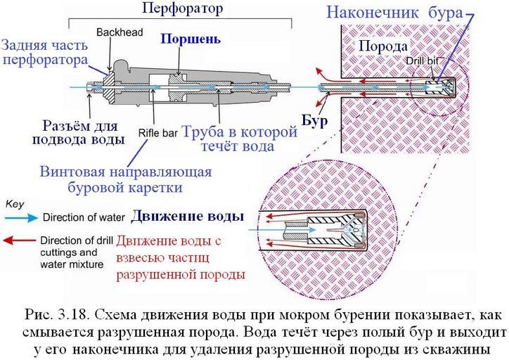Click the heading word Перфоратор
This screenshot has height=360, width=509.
tap(182, 9)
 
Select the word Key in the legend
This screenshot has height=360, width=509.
tap(15, 201)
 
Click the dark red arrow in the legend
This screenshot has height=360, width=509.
tap(21, 239)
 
